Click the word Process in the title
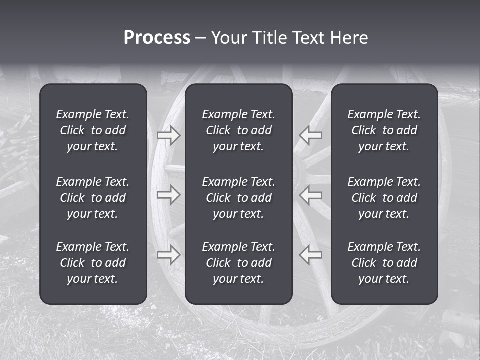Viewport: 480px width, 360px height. (157, 38)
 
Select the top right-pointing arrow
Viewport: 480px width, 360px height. (168, 135)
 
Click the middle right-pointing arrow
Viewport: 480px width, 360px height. (168, 194)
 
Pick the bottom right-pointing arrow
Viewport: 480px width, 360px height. (168, 254)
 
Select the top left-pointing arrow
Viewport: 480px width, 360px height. (310, 135)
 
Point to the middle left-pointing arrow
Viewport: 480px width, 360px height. (310, 194)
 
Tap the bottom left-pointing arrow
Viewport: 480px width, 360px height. (310, 254)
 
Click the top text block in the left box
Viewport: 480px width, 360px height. (93, 130)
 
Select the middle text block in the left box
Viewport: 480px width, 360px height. (93, 198)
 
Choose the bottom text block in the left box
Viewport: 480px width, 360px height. (93, 263)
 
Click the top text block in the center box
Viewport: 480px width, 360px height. (238, 130)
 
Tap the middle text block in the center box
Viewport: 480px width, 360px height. (238, 198)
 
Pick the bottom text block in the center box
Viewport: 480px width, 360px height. (238, 263)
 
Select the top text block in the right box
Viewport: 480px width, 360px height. (384, 130)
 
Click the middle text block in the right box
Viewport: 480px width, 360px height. (384, 198)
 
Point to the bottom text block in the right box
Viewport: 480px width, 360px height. (384, 263)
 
